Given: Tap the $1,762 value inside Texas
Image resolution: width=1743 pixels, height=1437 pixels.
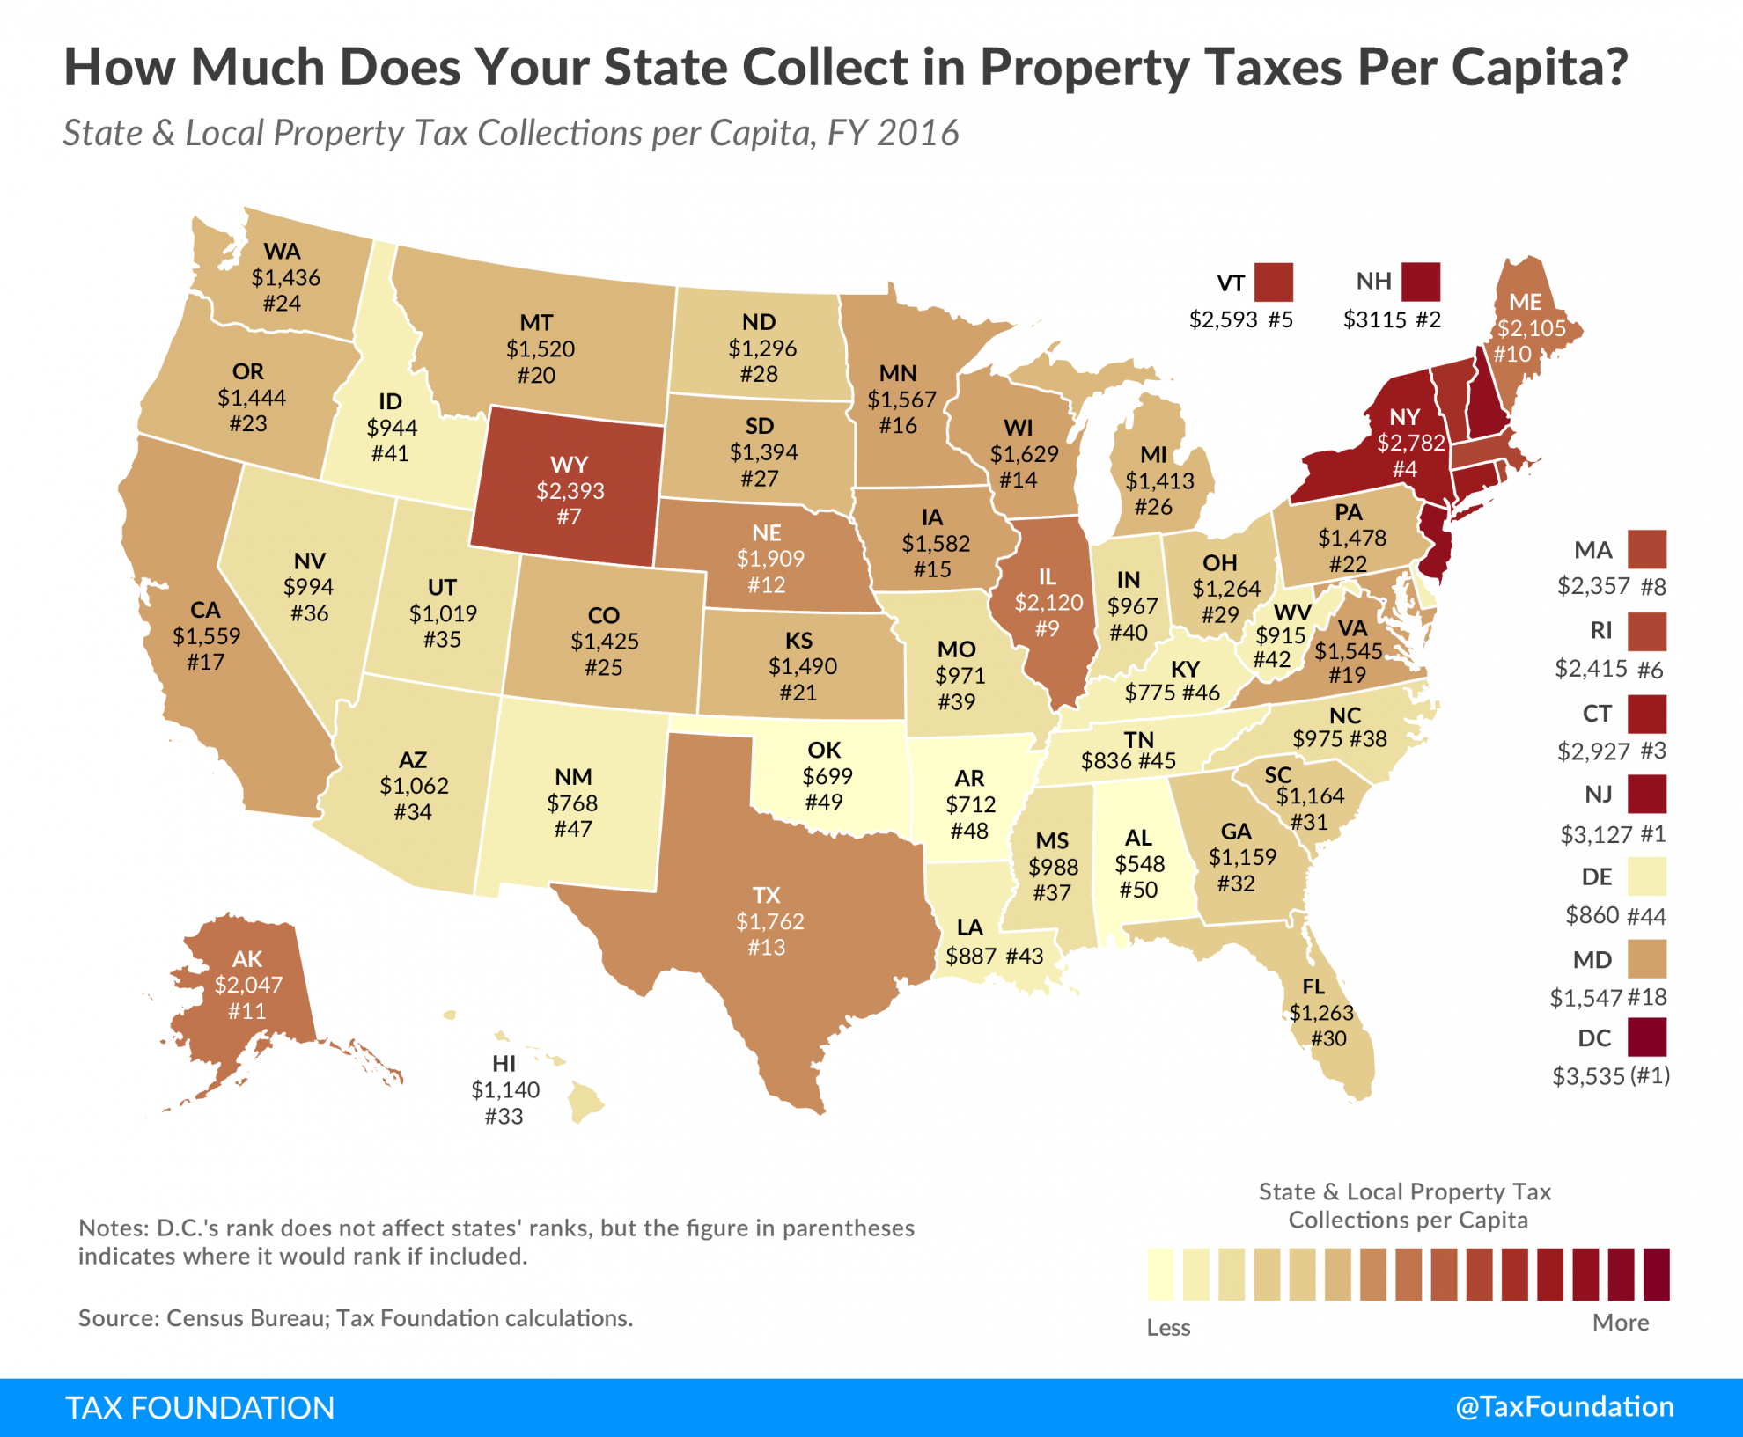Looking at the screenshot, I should click(769, 921).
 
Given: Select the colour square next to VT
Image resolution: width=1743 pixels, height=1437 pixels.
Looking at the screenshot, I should click(1274, 282).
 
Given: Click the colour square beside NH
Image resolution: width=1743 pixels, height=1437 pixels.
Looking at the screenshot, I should click(1421, 282).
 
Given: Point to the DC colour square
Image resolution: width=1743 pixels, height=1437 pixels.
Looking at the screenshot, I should click(1647, 1037).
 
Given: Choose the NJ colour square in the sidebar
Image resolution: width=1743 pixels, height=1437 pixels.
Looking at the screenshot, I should click(1647, 794).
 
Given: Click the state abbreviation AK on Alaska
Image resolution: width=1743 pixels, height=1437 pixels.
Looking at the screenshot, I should click(247, 958).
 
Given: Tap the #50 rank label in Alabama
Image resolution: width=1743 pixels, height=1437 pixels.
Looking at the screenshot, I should click(1138, 890).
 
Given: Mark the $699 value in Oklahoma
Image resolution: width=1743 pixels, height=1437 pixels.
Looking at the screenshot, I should click(827, 776).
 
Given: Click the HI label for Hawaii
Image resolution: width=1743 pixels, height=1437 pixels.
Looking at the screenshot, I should click(504, 1063).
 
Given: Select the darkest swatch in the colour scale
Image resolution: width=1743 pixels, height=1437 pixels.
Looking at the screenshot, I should click(1656, 1273).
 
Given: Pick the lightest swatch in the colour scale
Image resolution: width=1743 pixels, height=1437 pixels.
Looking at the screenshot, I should click(1160, 1273).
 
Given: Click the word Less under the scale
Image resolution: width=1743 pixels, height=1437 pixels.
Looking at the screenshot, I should click(1168, 1327).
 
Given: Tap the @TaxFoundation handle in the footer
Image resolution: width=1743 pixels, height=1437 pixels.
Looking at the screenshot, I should click(1564, 1406).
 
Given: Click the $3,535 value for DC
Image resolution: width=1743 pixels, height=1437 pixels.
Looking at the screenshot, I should click(1586, 1075).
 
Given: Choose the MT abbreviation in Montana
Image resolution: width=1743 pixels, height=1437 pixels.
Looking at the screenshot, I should click(536, 322).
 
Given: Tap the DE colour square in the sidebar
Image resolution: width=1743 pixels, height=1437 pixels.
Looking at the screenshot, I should click(1647, 876).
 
